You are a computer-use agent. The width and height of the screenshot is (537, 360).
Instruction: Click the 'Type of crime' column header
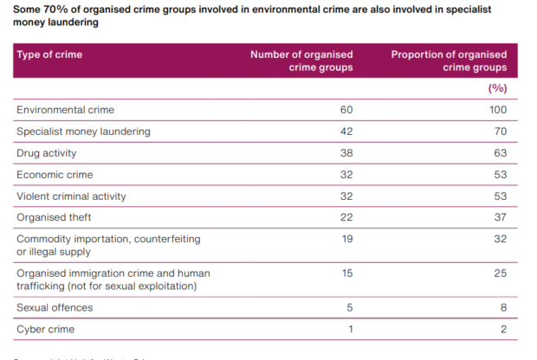(49, 55)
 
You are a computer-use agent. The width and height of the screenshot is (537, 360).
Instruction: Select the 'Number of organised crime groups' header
(301, 61)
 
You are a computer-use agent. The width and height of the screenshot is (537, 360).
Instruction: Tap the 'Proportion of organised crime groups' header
(449, 61)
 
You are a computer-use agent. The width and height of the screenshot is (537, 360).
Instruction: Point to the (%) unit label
(497, 88)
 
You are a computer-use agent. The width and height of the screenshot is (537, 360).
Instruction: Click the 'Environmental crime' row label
(65, 110)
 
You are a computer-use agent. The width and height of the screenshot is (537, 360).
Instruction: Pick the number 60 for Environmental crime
(346, 110)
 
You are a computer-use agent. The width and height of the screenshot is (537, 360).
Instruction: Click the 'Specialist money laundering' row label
(83, 132)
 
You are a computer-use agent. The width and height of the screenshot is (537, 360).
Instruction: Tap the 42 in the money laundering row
(346, 132)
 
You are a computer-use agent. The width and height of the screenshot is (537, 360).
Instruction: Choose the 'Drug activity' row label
(47, 153)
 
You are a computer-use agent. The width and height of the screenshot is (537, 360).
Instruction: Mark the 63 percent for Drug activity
(499, 153)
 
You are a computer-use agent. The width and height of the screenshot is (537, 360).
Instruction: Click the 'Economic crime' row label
(54, 175)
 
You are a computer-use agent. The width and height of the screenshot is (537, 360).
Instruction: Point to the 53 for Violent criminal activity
(499, 196)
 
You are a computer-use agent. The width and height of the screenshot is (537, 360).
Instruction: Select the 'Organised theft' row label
(54, 218)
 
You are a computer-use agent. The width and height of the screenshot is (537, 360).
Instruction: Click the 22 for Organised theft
(346, 218)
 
